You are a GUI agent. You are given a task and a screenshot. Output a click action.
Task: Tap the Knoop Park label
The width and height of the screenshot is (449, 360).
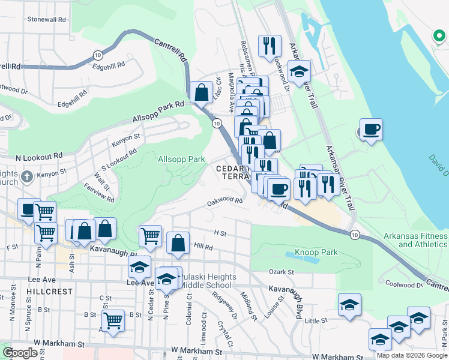[x=312, y=252]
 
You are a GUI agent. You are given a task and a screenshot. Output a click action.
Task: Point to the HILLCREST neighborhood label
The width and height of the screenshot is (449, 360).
[x=49, y=291]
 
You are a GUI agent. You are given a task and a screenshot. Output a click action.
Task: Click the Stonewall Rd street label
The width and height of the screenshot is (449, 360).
[x=46, y=19]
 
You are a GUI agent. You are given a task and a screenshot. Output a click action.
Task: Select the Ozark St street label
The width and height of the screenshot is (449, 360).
[x=281, y=272]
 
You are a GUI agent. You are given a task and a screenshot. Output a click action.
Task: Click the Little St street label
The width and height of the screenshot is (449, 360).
[x=315, y=321]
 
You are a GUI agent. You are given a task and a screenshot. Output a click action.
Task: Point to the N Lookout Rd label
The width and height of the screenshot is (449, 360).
[x=38, y=156]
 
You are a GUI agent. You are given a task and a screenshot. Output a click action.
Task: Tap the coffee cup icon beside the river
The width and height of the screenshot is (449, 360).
[x=371, y=129]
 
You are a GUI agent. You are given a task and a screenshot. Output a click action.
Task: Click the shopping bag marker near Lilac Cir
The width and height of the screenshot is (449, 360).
[x=201, y=92]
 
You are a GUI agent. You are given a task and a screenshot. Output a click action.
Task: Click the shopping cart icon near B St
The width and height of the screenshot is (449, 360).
[x=113, y=320]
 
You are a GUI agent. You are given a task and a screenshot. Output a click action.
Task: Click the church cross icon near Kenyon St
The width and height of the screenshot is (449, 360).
[x=26, y=177]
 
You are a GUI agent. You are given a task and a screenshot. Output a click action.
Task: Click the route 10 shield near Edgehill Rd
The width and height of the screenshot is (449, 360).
[x=97, y=55]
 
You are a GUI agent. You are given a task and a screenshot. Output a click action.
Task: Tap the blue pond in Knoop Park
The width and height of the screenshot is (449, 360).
[x=306, y=254]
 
